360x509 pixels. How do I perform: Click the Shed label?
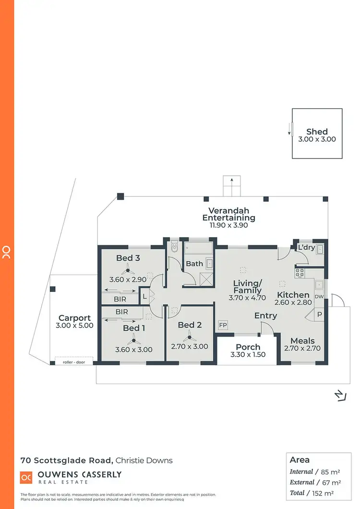[317, 132]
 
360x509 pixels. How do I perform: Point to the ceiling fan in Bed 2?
[190, 337]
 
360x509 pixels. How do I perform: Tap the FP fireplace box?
[223, 325]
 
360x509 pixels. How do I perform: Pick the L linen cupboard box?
[144, 296]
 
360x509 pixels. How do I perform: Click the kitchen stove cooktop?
[300, 272]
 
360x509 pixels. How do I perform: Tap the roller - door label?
[74, 362]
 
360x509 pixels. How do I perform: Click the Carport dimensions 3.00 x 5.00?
[74, 326]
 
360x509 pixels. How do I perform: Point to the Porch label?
[248, 347]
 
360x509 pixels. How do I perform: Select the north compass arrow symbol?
[340, 395]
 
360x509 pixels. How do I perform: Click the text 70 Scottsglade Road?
[67, 460]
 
